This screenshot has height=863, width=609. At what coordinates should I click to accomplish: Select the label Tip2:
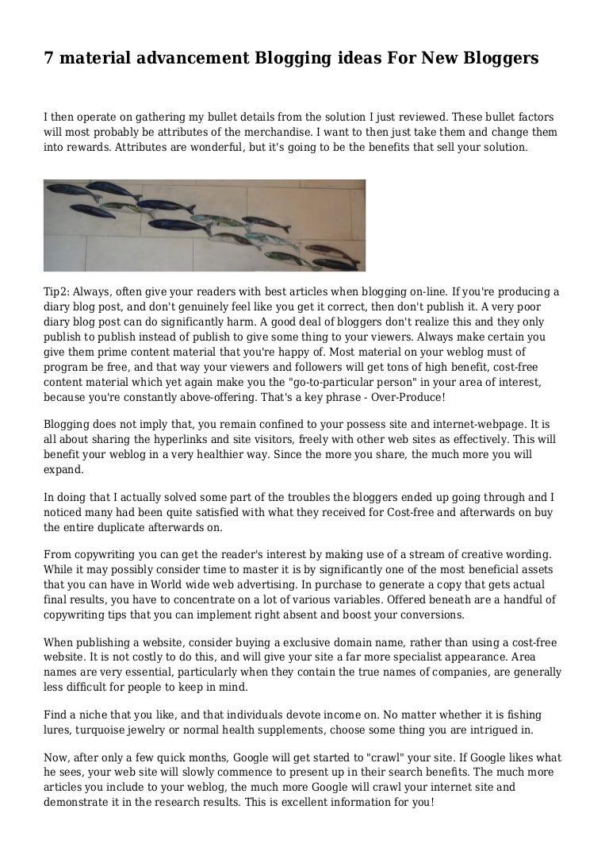pyautogui.click(x=57, y=291)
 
